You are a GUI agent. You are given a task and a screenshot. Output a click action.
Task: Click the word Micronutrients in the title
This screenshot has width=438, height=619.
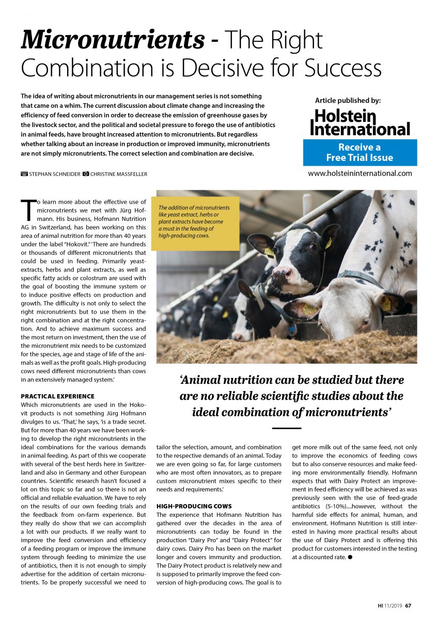(x=112, y=40)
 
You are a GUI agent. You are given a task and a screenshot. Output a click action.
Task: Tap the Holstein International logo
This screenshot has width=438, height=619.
(x=360, y=123)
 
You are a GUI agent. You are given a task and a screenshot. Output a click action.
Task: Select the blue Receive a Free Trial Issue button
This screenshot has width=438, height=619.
(x=359, y=152)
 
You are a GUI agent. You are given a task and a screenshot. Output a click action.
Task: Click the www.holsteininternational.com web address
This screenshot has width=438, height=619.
(x=359, y=173)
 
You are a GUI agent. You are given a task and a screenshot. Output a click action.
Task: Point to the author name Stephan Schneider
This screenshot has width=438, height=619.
(x=55, y=174)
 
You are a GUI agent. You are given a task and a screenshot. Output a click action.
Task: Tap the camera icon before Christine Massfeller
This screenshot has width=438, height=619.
(x=86, y=174)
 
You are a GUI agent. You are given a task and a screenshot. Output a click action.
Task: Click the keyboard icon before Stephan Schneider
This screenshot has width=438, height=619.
(x=24, y=174)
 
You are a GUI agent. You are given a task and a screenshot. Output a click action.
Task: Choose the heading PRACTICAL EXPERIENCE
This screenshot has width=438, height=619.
(x=57, y=396)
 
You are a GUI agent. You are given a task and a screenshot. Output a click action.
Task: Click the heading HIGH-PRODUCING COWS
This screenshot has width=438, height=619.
(x=194, y=506)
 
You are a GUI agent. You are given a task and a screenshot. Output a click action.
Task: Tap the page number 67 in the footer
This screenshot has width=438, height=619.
(x=408, y=605)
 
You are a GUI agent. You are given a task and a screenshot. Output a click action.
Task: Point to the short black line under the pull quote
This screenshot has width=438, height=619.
(x=286, y=428)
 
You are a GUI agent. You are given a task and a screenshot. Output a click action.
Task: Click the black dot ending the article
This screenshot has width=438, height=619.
(x=350, y=557)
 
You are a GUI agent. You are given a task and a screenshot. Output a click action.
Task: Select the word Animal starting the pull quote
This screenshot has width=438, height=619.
(x=205, y=380)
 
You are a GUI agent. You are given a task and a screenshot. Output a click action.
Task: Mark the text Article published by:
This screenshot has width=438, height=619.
(x=348, y=101)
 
